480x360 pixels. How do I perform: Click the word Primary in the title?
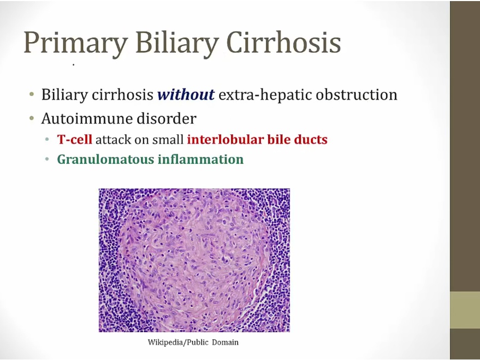76,43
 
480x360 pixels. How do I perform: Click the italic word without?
186,94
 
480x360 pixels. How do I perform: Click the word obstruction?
357,94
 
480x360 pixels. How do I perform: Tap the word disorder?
166,118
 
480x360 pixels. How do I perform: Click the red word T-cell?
74,139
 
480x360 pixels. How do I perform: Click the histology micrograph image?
194,260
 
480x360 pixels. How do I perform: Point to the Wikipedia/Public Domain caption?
193,342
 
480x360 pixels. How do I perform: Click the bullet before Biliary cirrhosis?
31,94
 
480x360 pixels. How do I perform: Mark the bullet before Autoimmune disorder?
31,118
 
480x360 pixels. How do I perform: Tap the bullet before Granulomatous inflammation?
47,159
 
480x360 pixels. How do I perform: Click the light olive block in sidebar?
465,310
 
